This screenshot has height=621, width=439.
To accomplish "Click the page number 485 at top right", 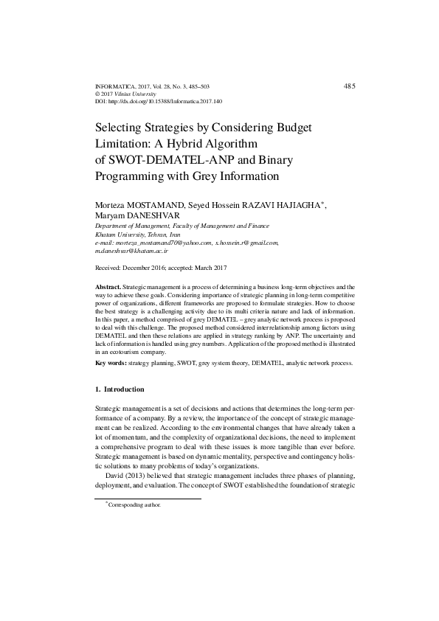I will point(350,86).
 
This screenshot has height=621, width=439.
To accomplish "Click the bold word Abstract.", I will point(108,285).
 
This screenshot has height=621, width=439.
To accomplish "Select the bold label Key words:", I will point(111,364).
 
